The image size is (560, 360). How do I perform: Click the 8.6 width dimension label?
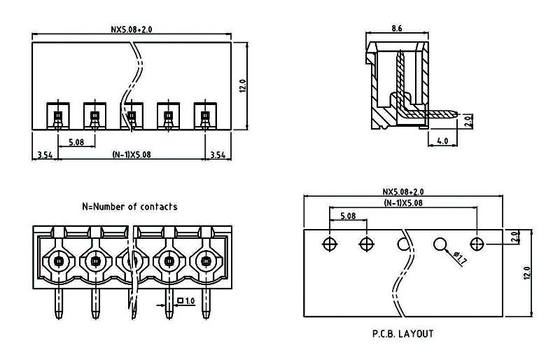click(x=395, y=29)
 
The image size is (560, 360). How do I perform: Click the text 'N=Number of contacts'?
click(x=129, y=207)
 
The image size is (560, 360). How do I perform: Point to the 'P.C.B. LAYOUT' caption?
click(x=402, y=333)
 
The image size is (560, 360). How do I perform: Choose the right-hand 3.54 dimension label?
click(x=218, y=155)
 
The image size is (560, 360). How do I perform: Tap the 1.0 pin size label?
click(x=189, y=301)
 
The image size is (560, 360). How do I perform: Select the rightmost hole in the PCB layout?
click(x=477, y=244)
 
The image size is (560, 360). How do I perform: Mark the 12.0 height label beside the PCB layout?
click(x=527, y=272)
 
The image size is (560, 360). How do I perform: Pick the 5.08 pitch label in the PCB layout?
click(x=348, y=216)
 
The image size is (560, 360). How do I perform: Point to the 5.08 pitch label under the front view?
click(x=76, y=143)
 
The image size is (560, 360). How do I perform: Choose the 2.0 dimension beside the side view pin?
click(x=468, y=120)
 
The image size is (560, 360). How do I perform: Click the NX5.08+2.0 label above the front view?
click(x=132, y=29)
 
